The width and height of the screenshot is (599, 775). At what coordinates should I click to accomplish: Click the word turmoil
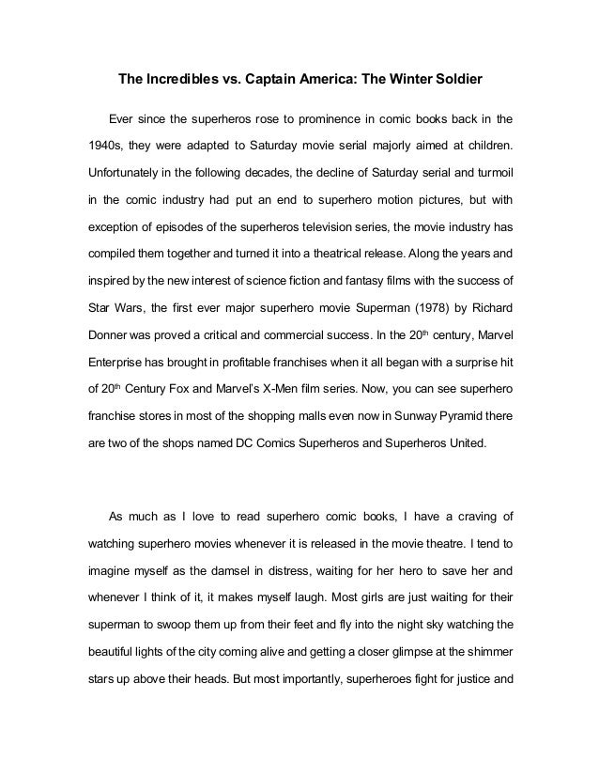(490, 174)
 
